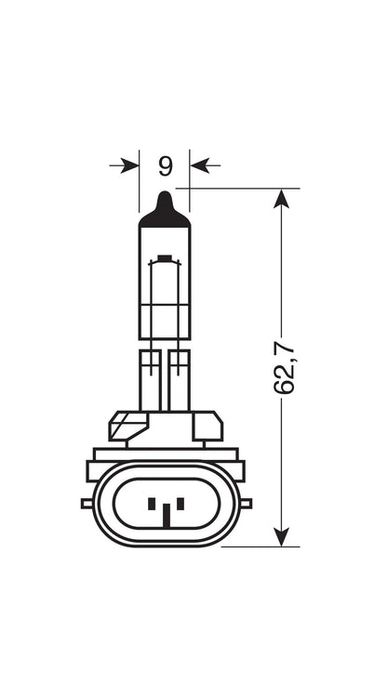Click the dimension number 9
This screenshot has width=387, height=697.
165,166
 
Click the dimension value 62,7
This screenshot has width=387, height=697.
285,367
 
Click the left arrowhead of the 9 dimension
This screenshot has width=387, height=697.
130,165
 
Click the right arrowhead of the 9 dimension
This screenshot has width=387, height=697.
199,165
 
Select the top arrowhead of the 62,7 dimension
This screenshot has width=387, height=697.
281,199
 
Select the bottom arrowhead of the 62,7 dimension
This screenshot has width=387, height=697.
281,536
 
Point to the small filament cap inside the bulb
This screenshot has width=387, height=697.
165,257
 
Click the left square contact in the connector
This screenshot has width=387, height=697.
152,504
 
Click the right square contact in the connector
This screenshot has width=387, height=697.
180,504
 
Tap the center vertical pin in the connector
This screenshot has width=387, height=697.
166,516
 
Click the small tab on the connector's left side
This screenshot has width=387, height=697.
87,503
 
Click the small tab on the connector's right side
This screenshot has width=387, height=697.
246,503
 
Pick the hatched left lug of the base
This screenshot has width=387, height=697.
128,426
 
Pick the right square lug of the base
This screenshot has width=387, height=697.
207,426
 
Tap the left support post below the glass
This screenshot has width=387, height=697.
150,380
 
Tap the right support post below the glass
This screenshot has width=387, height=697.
180,380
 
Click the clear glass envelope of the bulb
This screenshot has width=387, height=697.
165,283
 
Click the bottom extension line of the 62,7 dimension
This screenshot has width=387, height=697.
260,546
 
